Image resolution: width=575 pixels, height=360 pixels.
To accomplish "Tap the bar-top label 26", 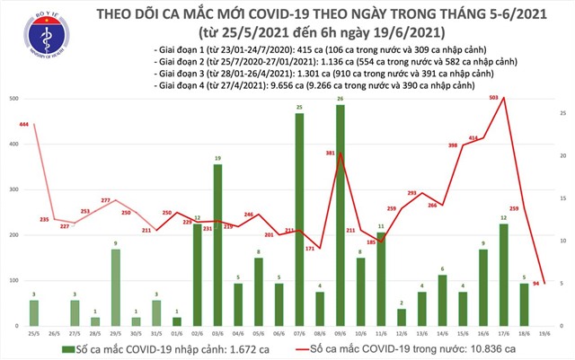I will (341, 98).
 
